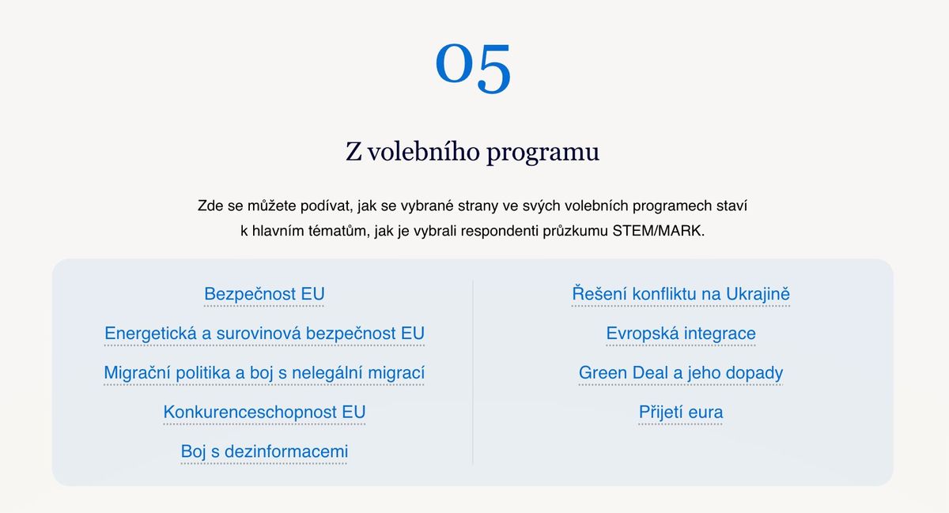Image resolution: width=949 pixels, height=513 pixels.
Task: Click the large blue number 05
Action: (473, 68)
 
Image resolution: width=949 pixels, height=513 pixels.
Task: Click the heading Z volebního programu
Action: (472, 152)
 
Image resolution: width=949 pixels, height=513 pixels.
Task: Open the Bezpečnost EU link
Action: (264, 294)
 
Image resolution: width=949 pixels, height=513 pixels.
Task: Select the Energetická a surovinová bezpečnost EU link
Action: (264, 334)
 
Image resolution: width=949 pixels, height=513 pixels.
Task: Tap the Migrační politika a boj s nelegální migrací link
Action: (264, 373)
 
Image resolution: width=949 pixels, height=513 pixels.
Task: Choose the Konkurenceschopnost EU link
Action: (264, 412)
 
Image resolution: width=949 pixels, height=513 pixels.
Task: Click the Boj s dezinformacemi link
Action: (264, 451)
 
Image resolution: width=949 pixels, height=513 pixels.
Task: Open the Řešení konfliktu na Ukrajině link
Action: (681, 294)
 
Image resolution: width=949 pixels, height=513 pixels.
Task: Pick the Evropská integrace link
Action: (681, 334)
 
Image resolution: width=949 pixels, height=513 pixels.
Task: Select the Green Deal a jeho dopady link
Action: (681, 373)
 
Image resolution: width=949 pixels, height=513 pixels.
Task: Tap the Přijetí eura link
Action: (681, 412)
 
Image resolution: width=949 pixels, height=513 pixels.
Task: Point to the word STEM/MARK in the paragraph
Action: (658, 231)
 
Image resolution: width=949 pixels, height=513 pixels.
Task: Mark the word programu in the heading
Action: (543, 153)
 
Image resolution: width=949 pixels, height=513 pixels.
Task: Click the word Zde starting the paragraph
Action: (210, 206)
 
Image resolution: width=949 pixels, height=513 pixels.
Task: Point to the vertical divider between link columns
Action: (473, 372)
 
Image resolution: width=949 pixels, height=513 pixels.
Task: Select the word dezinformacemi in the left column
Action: (286, 451)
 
